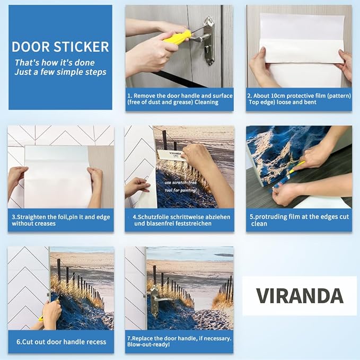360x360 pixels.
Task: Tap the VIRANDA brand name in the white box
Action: pyautogui.click(x=300, y=295)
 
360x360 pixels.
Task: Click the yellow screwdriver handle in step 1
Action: pyautogui.click(x=177, y=37)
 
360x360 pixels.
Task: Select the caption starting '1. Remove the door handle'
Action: pyautogui.click(x=179, y=99)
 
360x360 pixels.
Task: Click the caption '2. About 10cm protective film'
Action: pyautogui.click(x=298, y=99)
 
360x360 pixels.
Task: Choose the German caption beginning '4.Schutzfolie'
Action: pyautogui.click(x=179, y=220)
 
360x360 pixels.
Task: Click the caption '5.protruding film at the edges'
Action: pyautogui.click(x=298, y=220)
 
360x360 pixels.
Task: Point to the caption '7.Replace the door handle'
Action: pyautogui.click(x=179, y=338)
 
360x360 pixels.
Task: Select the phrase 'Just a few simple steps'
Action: pyautogui.click(x=60, y=72)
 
